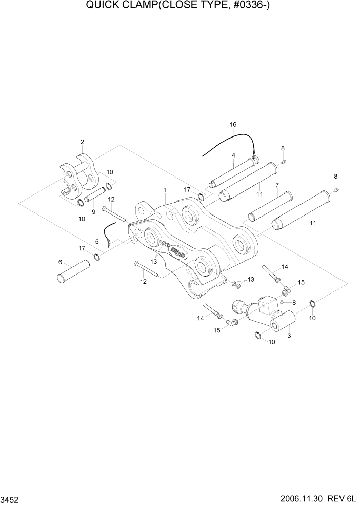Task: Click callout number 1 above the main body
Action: click(x=165, y=190)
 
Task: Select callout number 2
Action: click(x=82, y=142)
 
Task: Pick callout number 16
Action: click(x=233, y=125)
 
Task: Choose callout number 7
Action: click(x=277, y=185)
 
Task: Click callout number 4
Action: click(x=233, y=155)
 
